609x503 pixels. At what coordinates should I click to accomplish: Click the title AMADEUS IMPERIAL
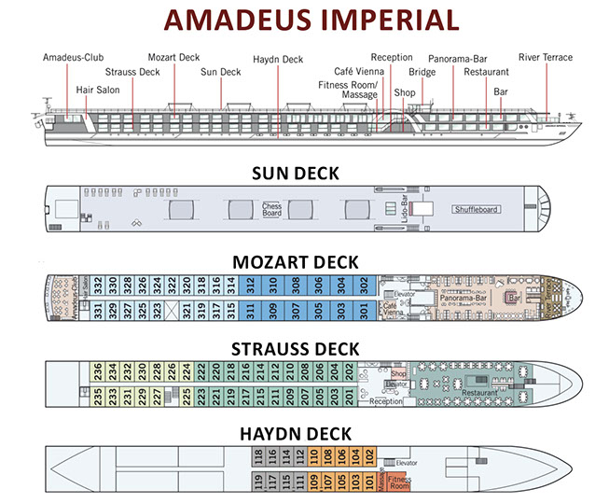pos(304,21)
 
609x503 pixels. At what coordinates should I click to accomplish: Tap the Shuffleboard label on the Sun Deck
pos(476,209)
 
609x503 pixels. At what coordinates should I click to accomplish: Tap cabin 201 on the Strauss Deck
pos(350,396)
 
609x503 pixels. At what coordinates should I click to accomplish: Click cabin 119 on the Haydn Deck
pos(258,482)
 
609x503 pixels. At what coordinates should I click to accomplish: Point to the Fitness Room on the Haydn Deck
pos(399,483)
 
